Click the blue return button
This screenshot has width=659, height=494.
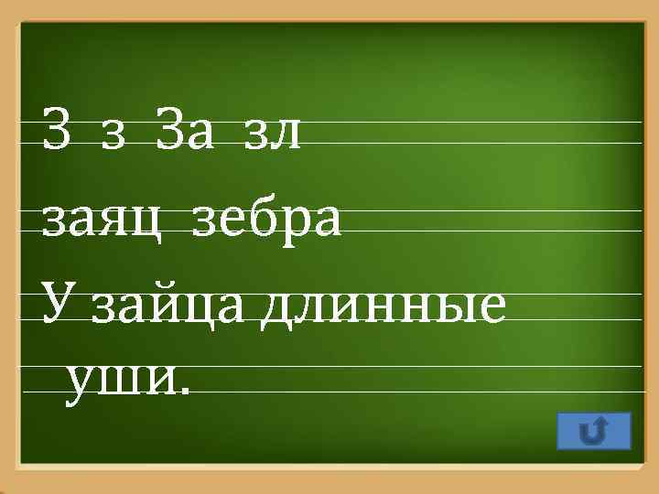(x=593, y=430)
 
